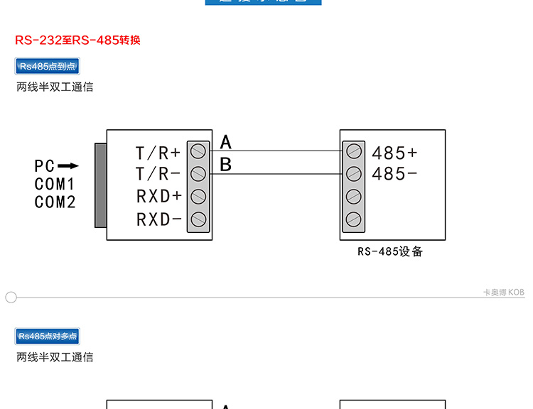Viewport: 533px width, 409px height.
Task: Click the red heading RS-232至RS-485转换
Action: [x=78, y=40]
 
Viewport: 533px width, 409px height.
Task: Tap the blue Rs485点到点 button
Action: [x=48, y=67]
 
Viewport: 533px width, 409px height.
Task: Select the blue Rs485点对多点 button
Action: [x=48, y=337]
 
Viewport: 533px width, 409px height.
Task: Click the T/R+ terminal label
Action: [x=158, y=153]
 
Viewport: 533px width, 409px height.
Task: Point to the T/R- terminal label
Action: [x=158, y=173]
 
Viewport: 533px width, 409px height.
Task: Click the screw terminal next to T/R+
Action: [x=199, y=151]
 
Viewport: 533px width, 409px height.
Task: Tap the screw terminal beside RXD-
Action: [x=199, y=219]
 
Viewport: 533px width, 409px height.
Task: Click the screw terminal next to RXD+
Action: [x=199, y=197]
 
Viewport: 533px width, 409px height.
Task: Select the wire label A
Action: [x=226, y=142]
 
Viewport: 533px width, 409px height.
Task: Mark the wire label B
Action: [x=226, y=165]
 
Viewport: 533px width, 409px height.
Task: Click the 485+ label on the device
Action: [x=394, y=153]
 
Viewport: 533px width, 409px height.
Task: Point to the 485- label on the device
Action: [x=394, y=173]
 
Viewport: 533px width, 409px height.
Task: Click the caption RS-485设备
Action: [x=390, y=251]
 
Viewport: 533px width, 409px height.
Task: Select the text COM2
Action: [x=55, y=202]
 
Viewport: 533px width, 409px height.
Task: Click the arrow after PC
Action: [x=68, y=166]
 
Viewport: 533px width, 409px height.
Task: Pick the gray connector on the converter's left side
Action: [x=100, y=185]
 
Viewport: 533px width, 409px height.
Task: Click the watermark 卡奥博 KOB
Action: [x=503, y=293]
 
